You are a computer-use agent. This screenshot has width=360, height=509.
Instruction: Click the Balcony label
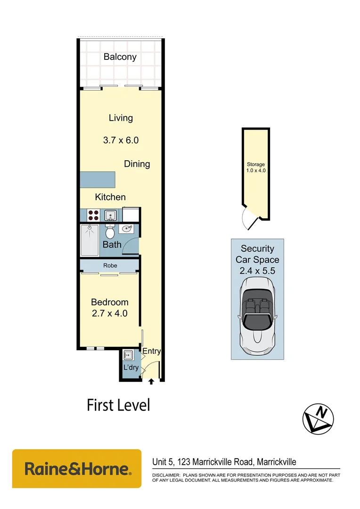(x=120, y=57)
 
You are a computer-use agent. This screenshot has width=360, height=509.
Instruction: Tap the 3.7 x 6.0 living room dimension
(x=121, y=140)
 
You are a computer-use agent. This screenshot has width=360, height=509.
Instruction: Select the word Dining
(x=137, y=164)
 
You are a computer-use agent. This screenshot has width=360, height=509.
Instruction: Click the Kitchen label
(x=110, y=197)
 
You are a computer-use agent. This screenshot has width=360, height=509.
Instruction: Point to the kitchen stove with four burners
(x=93, y=215)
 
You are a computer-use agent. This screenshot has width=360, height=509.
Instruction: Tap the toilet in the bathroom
(x=110, y=231)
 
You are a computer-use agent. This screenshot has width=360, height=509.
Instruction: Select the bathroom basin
(x=127, y=229)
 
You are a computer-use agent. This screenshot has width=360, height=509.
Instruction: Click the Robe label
(x=110, y=266)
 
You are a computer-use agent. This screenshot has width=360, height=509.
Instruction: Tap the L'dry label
(x=131, y=367)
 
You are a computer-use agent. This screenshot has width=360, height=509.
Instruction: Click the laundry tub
(x=128, y=355)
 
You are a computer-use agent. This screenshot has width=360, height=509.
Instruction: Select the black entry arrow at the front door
(x=151, y=382)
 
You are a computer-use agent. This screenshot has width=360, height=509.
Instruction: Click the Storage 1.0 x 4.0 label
(x=256, y=167)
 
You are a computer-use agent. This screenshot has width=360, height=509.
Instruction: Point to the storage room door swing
(x=248, y=219)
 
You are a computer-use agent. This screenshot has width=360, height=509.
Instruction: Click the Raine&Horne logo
(x=77, y=468)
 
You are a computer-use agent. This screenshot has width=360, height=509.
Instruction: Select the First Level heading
(x=118, y=405)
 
